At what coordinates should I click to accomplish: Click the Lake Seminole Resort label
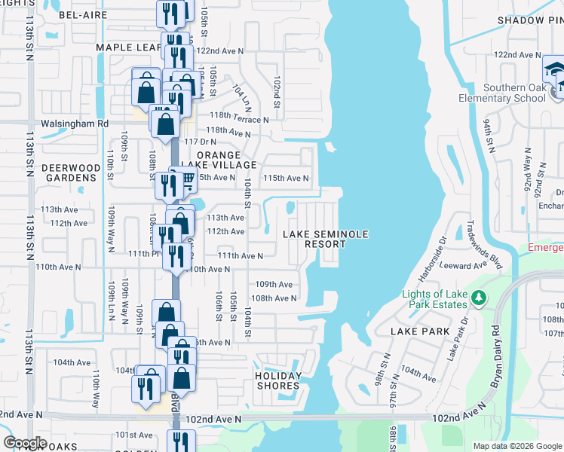(326, 239)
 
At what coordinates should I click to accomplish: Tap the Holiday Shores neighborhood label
(277, 380)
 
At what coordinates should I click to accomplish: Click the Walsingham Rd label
(75, 124)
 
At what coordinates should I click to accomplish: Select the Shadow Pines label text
(531, 20)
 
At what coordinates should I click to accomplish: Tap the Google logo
(25, 443)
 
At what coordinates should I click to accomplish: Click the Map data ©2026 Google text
(517, 446)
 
